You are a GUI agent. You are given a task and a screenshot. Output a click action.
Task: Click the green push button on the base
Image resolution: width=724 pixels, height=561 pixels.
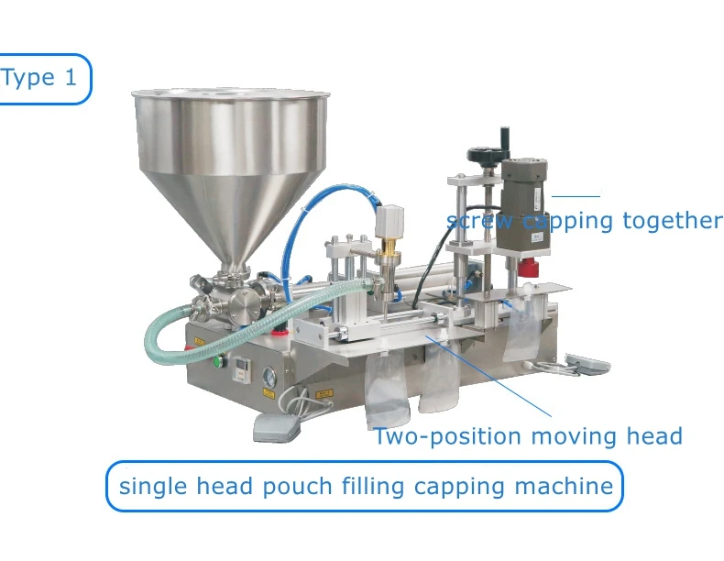click(x=219, y=361)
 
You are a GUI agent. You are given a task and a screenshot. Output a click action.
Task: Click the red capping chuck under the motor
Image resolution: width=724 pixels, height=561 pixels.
click(x=526, y=269)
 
